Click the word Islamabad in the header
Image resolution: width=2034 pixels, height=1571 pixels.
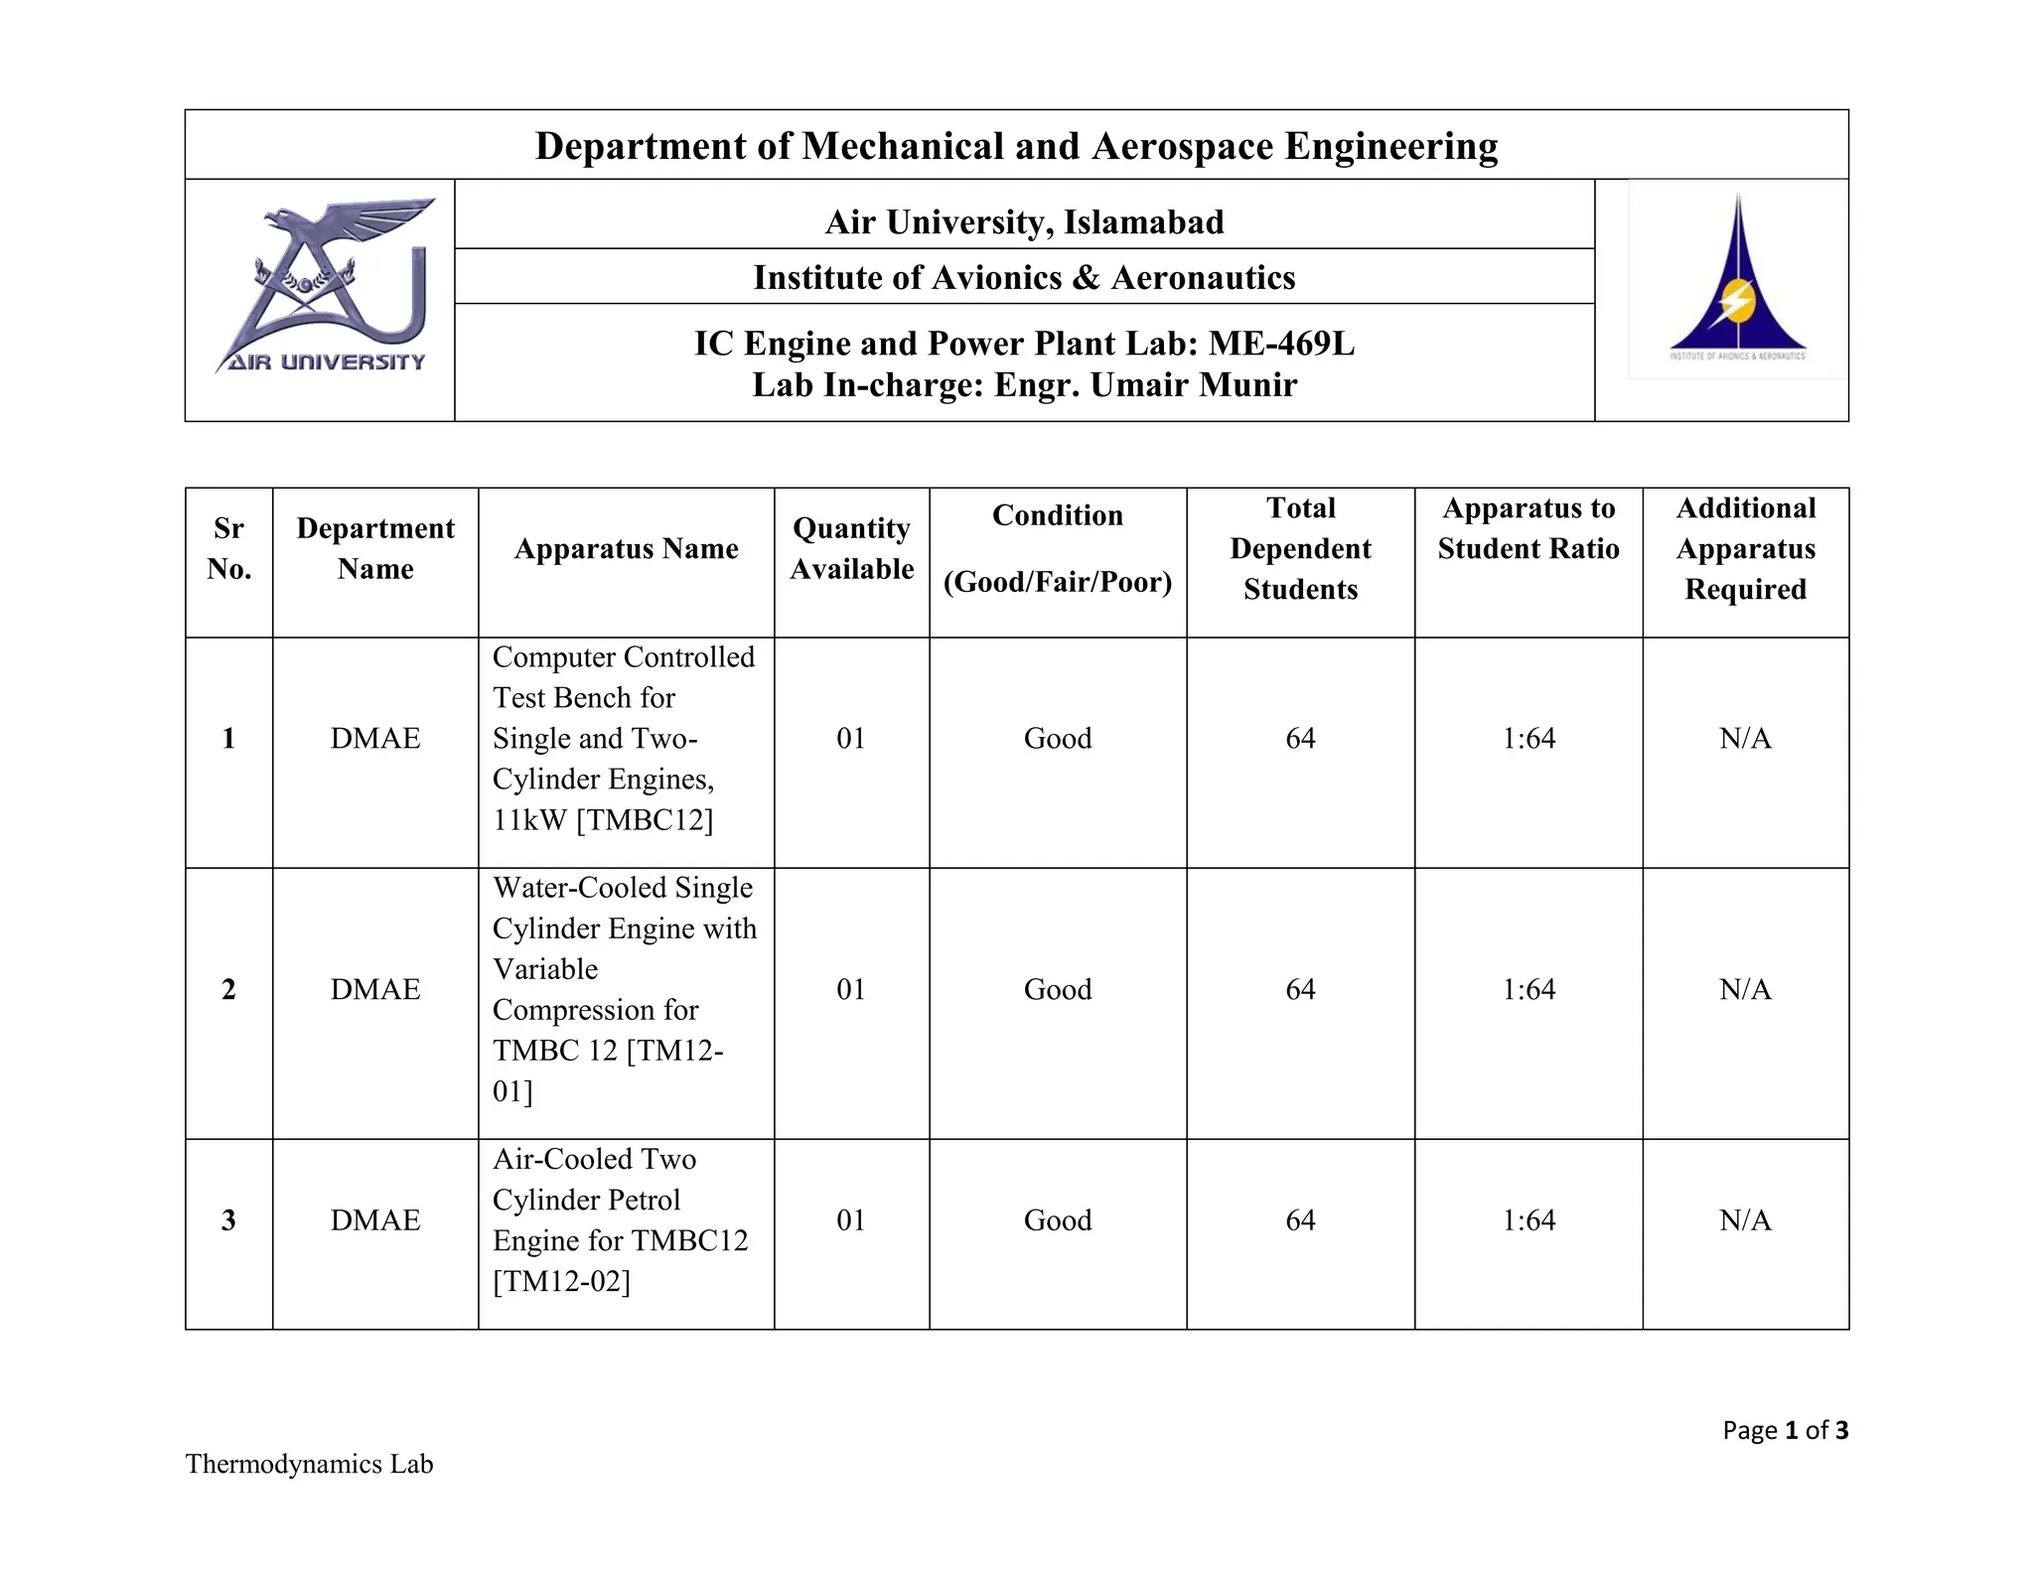(1143, 221)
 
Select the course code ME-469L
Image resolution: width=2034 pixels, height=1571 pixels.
(1280, 344)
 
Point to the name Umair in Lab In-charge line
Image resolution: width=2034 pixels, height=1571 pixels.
(1140, 385)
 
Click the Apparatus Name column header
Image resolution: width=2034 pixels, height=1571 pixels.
(626, 549)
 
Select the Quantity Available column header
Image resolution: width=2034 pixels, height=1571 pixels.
(851, 548)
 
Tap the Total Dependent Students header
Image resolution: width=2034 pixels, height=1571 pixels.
(1300, 548)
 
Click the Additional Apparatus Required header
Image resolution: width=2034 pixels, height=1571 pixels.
(1745, 548)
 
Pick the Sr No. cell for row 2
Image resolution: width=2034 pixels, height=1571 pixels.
(228, 989)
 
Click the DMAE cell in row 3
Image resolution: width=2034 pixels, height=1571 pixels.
(375, 1220)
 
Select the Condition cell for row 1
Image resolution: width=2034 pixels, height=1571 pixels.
(1058, 739)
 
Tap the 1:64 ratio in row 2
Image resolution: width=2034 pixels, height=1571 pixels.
(1528, 989)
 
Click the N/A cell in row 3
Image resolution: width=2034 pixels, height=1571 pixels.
(1745, 1220)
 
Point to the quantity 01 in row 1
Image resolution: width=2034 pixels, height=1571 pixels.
(851, 739)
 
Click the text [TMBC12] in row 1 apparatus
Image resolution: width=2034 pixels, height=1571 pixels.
(644, 820)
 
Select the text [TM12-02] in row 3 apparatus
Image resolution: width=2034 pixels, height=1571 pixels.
(562, 1282)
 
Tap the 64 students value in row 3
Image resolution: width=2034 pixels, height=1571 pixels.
(1300, 1220)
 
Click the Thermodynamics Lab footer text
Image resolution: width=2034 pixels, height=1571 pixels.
(309, 1465)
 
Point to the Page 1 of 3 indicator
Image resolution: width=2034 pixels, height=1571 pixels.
(1785, 1430)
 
